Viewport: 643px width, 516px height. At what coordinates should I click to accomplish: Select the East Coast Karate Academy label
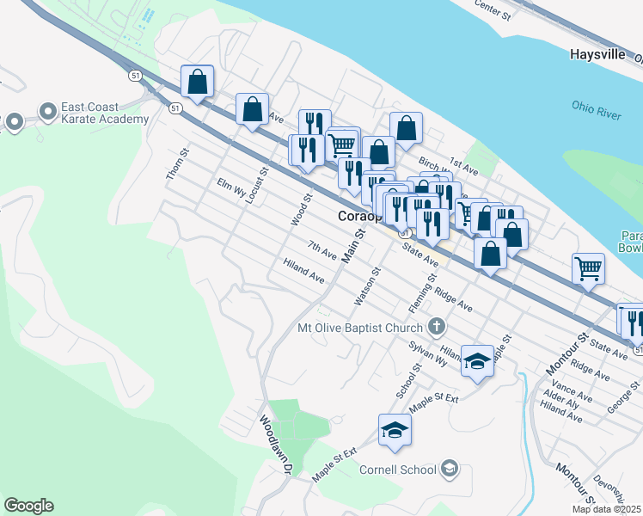click(x=104, y=113)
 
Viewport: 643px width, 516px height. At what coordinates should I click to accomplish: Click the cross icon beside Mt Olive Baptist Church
click(x=437, y=327)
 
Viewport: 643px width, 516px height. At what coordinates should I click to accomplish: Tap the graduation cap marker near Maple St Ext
click(x=395, y=429)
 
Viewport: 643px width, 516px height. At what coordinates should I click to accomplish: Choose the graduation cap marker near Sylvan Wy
click(x=477, y=360)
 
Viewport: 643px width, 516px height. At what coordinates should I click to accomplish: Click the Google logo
click(x=28, y=506)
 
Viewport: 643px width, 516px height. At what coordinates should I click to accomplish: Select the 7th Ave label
click(x=322, y=250)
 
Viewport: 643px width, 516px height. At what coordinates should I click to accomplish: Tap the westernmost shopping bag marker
click(x=198, y=83)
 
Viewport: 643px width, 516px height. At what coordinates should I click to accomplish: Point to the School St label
click(x=407, y=380)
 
